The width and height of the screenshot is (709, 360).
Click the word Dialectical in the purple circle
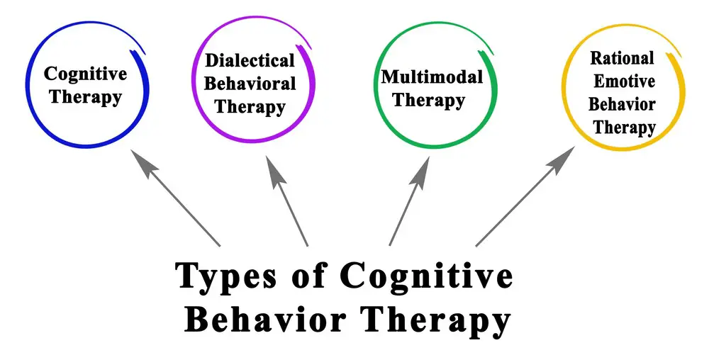(250, 60)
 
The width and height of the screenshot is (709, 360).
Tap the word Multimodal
(432, 77)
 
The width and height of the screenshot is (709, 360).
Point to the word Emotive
(624, 81)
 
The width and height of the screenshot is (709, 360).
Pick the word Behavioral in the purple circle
(250, 84)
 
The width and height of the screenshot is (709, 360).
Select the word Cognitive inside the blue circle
(86, 74)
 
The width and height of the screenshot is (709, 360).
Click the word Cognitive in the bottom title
(427, 276)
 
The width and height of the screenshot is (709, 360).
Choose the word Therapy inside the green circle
(428, 101)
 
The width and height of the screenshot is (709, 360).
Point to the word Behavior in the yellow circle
(622, 104)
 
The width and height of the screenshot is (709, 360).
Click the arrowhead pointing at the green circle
(420, 170)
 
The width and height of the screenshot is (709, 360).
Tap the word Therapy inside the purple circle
(250, 108)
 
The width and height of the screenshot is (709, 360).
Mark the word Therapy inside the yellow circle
(624, 128)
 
